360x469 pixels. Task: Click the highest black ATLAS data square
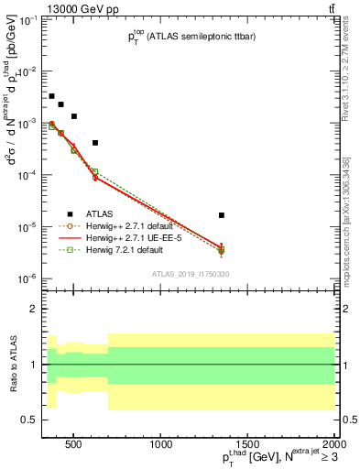click(51, 96)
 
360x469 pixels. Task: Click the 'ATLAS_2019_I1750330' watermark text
click(191, 274)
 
